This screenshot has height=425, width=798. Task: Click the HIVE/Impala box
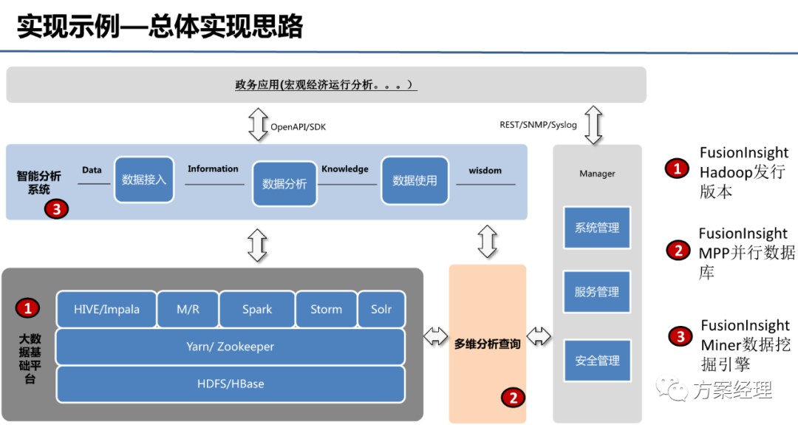click(106, 310)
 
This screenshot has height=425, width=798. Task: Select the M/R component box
click(188, 310)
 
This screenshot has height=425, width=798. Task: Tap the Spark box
click(257, 310)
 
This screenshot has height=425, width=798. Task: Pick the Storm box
click(326, 310)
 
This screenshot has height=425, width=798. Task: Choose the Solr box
click(381, 310)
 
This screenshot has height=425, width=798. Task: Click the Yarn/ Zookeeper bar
click(230, 346)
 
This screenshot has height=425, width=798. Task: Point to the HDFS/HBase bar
click(230, 384)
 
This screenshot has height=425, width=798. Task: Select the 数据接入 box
click(144, 180)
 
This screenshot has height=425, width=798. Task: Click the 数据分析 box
click(284, 183)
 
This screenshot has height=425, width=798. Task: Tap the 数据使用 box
click(415, 180)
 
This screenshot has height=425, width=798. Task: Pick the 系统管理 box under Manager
click(597, 228)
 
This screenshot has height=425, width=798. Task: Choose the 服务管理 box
click(597, 292)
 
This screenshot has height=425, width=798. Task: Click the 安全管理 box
click(597, 361)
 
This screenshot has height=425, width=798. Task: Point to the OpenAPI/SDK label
click(298, 127)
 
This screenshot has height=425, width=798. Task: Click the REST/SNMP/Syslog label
click(538, 125)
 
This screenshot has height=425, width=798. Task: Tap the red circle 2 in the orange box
click(513, 398)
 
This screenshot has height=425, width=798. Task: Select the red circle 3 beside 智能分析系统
click(56, 209)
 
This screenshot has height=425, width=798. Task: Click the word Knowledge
click(344, 169)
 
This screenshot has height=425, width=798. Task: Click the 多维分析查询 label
click(487, 344)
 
